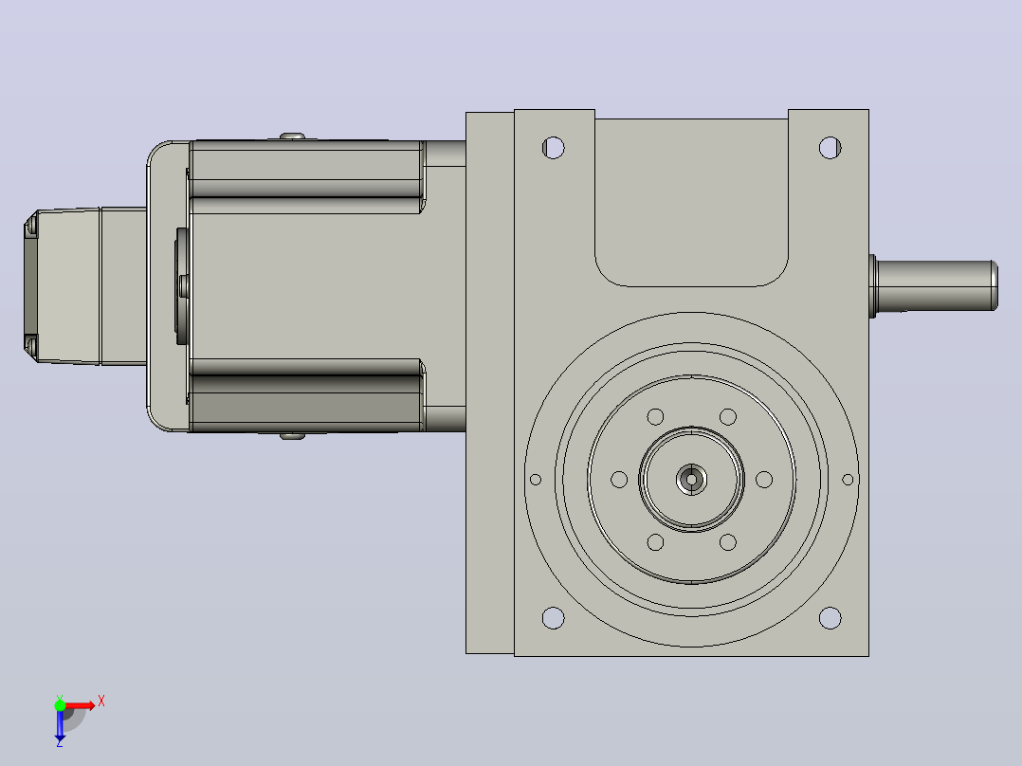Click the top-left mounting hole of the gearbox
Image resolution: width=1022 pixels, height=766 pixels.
(x=554, y=148)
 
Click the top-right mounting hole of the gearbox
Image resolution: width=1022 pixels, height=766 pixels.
(x=830, y=148)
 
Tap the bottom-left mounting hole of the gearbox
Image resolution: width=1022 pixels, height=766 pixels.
(x=554, y=617)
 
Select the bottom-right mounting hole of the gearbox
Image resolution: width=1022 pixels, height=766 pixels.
(x=830, y=617)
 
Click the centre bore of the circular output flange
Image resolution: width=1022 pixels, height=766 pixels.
(x=691, y=480)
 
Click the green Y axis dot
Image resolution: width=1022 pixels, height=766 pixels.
(x=60, y=705)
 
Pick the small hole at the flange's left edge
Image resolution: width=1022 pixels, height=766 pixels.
(x=536, y=480)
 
